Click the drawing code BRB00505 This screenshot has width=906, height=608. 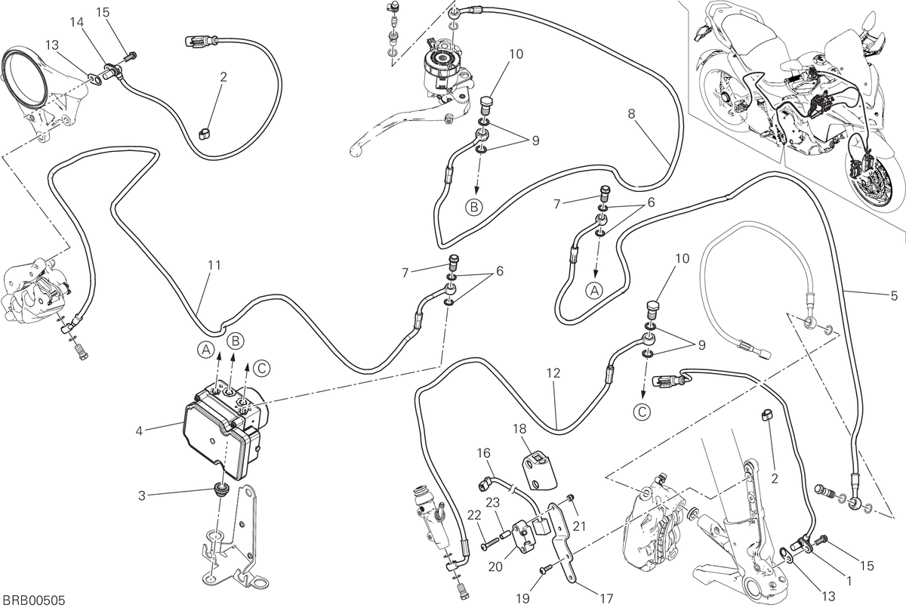pyautogui.click(x=33, y=599)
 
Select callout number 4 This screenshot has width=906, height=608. pyautogui.click(x=139, y=431)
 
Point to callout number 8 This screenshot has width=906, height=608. pyautogui.click(x=631, y=114)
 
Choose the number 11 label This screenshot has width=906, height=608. pyautogui.click(x=214, y=265)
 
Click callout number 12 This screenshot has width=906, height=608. pyautogui.click(x=553, y=373)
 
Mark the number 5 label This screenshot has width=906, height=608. pyautogui.click(x=894, y=297)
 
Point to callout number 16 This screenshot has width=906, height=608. pyautogui.click(x=484, y=452)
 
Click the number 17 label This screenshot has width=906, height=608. pyautogui.click(x=606, y=598)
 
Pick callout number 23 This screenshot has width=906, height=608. pyautogui.click(x=492, y=503)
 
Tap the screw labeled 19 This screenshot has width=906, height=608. pyautogui.click(x=545, y=570)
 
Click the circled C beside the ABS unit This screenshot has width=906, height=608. pyautogui.click(x=261, y=369)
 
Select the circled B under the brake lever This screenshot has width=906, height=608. pyautogui.click(x=474, y=208)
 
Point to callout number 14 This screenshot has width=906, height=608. pyautogui.click(x=77, y=23)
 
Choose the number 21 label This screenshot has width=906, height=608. pyautogui.click(x=579, y=526)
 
